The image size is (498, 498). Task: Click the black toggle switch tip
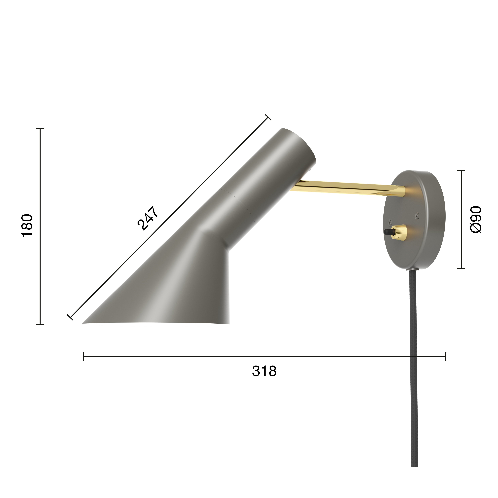pos(387,232)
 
